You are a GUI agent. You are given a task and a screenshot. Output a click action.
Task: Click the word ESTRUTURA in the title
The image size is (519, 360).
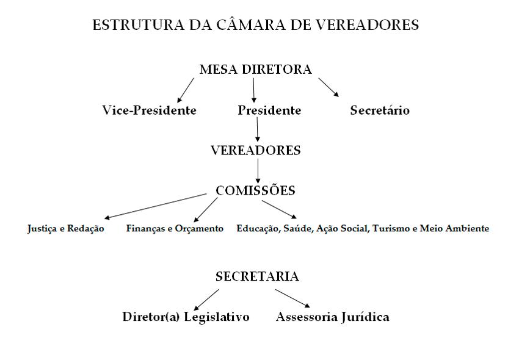[139, 25]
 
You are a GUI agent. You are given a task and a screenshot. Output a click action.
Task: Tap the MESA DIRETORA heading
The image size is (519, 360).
[255, 70]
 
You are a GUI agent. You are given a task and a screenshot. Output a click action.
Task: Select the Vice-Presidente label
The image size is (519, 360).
[149, 110]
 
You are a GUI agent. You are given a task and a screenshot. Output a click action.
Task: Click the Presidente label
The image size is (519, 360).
[269, 110]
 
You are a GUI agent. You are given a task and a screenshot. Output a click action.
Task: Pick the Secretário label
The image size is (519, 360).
[380, 110]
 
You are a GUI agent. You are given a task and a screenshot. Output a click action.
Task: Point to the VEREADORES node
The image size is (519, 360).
[255, 151]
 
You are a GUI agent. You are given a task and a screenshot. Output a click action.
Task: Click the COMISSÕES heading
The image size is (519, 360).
[255, 190]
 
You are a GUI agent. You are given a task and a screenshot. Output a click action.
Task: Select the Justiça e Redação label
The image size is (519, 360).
[65, 229]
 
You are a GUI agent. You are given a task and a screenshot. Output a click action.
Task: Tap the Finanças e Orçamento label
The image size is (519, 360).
[175, 229]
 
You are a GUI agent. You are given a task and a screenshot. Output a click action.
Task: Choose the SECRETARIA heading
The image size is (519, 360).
[257, 276]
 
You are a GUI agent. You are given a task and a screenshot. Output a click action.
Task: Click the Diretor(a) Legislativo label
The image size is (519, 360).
[186, 317]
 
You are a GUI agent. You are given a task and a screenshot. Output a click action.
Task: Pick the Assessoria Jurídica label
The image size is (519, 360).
[332, 317]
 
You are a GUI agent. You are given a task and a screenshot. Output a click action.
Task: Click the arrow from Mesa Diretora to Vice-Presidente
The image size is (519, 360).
[186, 90]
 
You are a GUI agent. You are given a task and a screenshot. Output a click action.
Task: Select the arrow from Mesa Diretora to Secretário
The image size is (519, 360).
[328, 88]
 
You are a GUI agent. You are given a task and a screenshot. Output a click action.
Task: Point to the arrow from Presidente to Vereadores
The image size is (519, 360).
[257, 129]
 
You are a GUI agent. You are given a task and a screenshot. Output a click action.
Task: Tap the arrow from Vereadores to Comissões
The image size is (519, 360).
[258, 171]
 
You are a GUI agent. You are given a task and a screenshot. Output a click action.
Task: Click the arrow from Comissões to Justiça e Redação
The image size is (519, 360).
[155, 206]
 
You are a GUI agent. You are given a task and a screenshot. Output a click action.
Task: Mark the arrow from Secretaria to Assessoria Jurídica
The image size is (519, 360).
[292, 298]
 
